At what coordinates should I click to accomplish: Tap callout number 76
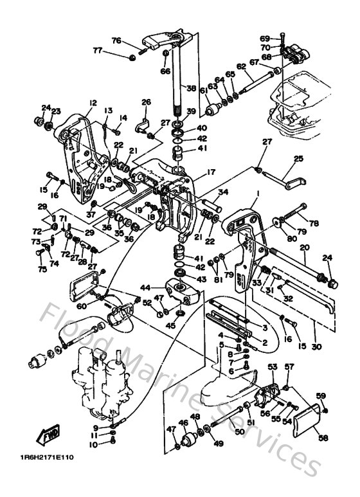click(116, 41)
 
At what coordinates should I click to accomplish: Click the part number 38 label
click(191, 88)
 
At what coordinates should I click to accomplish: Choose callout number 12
click(93, 103)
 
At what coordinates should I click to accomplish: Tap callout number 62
click(241, 66)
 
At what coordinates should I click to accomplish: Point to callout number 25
click(298, 159)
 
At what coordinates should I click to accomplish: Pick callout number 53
click(272, 366)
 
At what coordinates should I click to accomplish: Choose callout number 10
click(94, 444)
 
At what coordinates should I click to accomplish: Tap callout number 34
click(222, 192)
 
